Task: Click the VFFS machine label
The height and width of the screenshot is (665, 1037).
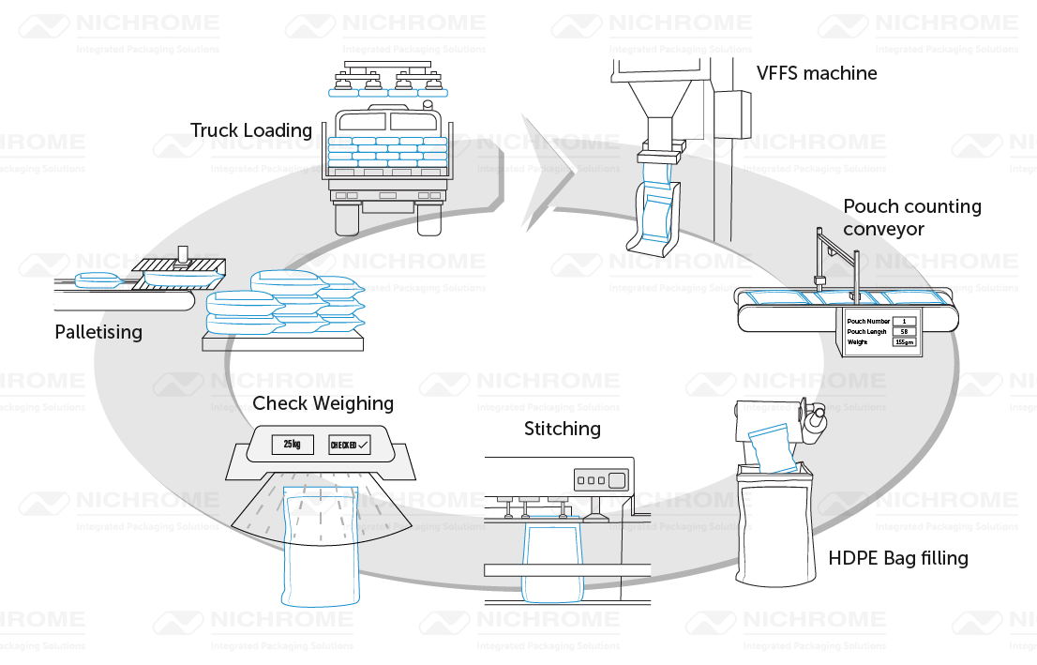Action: [x=817, y=73]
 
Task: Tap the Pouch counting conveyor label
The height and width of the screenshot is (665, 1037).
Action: [x=911, y=218]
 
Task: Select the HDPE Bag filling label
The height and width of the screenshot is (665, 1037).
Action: [x=897, y=559]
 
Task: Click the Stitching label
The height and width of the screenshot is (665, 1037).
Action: [x=562, y=430]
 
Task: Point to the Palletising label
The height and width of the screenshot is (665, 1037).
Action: [x=98, y=332]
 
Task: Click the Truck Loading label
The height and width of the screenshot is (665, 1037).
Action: [x=251, y=131]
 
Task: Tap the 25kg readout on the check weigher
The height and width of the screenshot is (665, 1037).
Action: [x=292, y=445]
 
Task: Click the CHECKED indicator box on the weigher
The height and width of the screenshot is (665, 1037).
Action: [x=349, y=445]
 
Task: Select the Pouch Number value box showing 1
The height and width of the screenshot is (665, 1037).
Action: [x=904, y=322]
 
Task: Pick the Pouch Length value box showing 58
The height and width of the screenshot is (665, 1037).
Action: [x=904, y=332]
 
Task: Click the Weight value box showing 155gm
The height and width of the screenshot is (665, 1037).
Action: [x=904, y=342]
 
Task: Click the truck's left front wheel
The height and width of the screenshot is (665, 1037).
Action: [x=347, y=218]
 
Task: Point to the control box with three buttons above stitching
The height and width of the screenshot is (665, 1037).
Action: [x=591, y=480]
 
